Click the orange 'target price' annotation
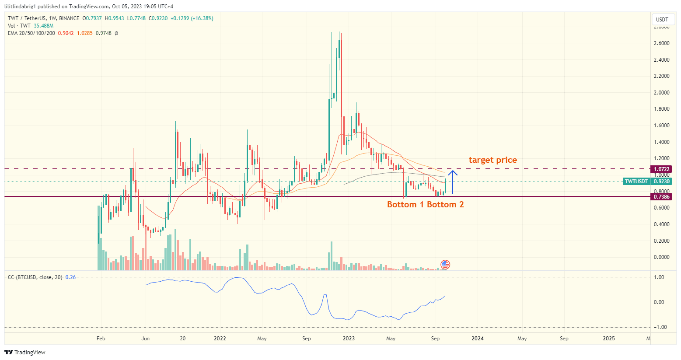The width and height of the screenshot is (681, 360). click(x=492, y=160)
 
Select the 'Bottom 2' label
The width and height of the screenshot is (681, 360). click(x=445, y=205)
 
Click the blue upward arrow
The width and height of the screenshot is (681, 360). click(x=453, y=182)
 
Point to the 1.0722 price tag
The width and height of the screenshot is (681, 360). click(x=661, y=169)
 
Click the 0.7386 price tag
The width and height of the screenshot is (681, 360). click(x=661, y=197)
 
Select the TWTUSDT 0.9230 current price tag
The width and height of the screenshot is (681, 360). click(x=647, y=182)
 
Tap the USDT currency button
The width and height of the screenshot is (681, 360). click(x=662, y=19)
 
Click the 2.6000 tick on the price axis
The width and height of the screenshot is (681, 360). click(x=661, y=43)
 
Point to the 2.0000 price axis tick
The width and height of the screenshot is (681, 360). click(x=661, y=93)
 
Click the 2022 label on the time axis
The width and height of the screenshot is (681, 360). click(x=220, y=339)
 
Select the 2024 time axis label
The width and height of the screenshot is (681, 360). click(x=478, y=339)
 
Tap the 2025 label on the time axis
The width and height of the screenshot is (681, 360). click(x=608, y=339)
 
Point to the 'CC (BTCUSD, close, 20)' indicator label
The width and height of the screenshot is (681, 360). click(x=35, y=277)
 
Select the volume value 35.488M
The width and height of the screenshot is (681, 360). click(x=43, y=26)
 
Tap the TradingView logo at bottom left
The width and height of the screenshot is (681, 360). click(x=25, y=352)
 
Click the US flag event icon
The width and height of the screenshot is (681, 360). click(x=445, y=264)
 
